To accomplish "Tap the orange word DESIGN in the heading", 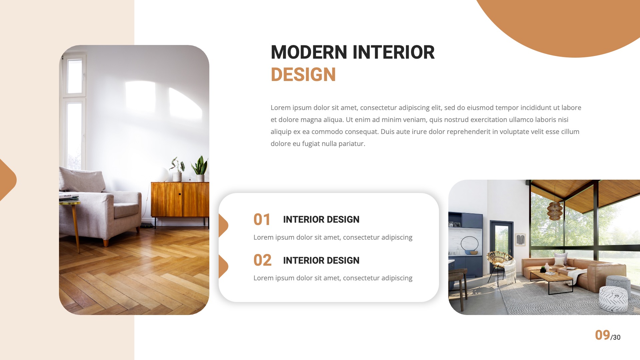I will (x=303, y=75).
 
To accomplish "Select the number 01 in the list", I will (x=262, y=220).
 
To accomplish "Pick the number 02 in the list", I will (x=262, y=260).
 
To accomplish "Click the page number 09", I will (x=602, y=335).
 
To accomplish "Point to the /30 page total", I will (x=616, y=337).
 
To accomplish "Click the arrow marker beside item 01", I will (x=223, y=226).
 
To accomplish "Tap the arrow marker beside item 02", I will (x=223, y=266).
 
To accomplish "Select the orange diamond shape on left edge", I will (x=7, y=180).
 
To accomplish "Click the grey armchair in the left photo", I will (x=100, y=203).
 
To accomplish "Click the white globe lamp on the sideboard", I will (x=164, y=174).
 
